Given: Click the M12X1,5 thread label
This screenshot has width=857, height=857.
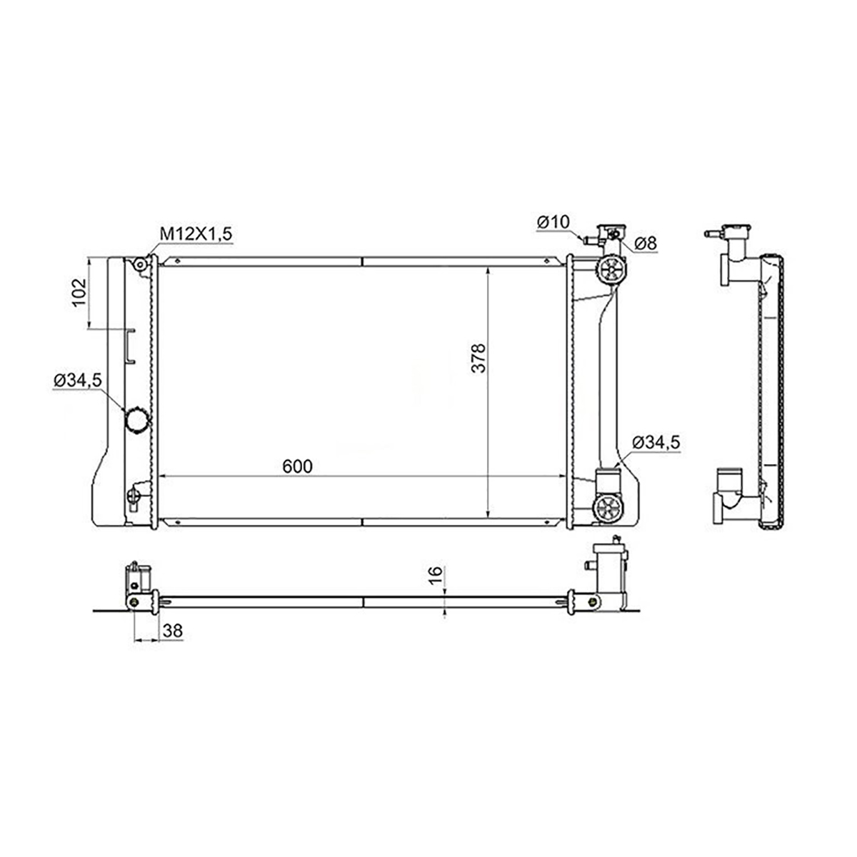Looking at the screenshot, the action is coord(196,234).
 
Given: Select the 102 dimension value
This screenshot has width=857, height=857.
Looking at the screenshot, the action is coord(79,292).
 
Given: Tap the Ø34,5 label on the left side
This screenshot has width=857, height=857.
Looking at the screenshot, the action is coord(79,380).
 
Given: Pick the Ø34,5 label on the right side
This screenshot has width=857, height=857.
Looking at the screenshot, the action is coord(656,442).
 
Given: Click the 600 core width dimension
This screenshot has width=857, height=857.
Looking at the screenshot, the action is coord(298,466).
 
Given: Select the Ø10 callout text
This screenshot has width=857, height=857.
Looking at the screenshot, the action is coord(553,221).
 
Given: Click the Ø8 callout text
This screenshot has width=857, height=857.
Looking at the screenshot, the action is coord(645,244).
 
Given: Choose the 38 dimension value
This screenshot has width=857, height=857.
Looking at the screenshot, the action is coord(173,631).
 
